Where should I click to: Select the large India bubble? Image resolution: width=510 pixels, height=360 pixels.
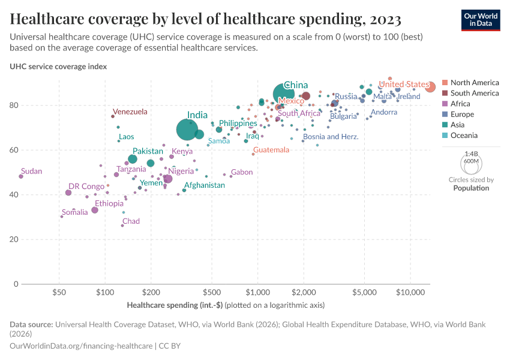point(187,130)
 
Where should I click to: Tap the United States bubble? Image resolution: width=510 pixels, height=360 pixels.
point(430,87)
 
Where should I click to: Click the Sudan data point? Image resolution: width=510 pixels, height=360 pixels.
point(21,176)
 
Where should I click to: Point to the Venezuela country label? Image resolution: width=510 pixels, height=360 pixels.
point(130,112)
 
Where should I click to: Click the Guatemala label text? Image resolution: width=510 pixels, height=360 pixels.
point(271,150)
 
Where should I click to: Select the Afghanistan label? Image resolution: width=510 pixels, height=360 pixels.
point(204,185)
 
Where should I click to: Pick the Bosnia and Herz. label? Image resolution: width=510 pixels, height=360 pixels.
point(331,137)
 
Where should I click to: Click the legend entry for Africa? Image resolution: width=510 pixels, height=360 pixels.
point(461,104)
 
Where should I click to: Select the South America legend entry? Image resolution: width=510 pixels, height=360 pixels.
point(474,93)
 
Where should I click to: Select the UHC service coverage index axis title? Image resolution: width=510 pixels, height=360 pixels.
point(58,67)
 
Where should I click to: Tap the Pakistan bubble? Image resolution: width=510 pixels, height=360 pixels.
point(133,159)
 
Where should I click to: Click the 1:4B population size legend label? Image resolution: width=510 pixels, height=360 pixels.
point(471,154)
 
